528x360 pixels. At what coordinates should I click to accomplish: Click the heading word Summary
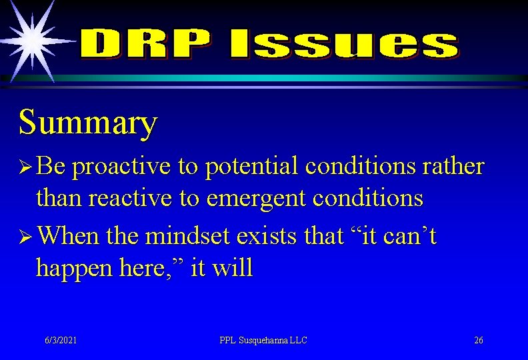point(88,123)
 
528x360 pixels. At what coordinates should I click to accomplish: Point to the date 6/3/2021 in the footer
point(61,341)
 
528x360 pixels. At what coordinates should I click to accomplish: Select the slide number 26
point(478,341)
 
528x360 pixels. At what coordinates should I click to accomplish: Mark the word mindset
point(186,237)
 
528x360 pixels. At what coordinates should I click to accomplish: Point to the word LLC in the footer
point(300,341)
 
